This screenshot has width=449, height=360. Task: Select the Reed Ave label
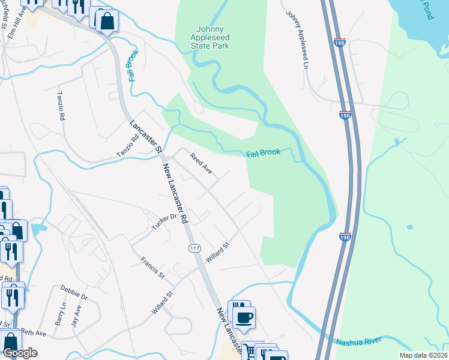(201, 164)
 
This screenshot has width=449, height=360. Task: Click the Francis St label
(152, 268)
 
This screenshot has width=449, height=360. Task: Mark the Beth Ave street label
(33, 333)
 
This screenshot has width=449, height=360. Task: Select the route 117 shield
(194, 248)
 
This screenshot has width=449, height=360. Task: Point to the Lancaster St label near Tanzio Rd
(146, 136)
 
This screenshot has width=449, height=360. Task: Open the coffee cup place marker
(244, 318)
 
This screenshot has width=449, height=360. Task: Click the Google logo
(20, 353)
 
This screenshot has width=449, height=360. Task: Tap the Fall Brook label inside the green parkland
(263, 154)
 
